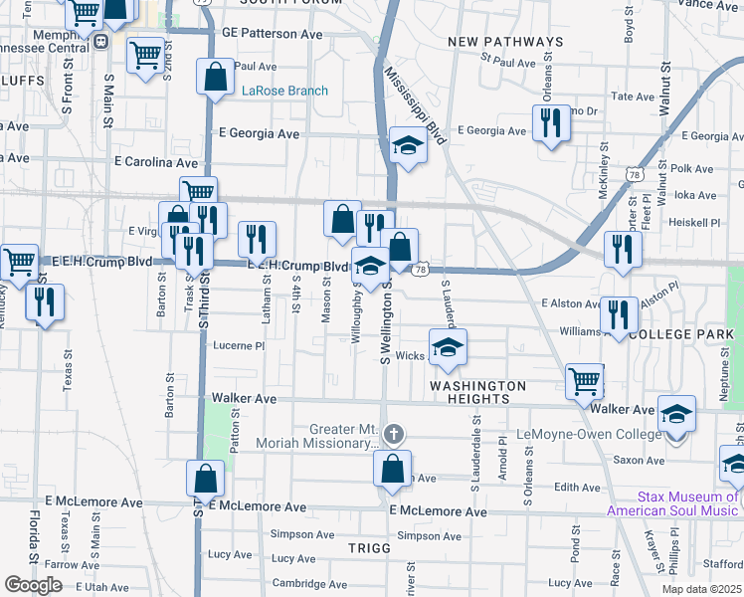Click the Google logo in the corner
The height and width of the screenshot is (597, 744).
33,585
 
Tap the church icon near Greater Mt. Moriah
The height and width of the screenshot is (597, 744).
394,433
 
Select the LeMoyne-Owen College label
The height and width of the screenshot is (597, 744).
589,435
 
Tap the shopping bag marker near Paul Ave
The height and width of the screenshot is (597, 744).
216,78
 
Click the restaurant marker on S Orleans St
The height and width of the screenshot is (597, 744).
547,123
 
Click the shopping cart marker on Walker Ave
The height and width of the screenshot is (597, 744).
584,381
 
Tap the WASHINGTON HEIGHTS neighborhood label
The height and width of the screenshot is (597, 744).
477,392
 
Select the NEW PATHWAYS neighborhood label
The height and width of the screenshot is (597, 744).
505,42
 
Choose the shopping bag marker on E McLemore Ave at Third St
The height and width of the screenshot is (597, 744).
205,479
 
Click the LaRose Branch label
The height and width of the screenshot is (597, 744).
284,92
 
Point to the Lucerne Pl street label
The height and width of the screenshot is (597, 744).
239,346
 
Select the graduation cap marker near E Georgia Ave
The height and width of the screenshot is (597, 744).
407,145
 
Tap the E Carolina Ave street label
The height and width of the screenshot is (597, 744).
157,161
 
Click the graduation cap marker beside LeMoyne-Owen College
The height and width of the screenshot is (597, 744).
677,413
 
